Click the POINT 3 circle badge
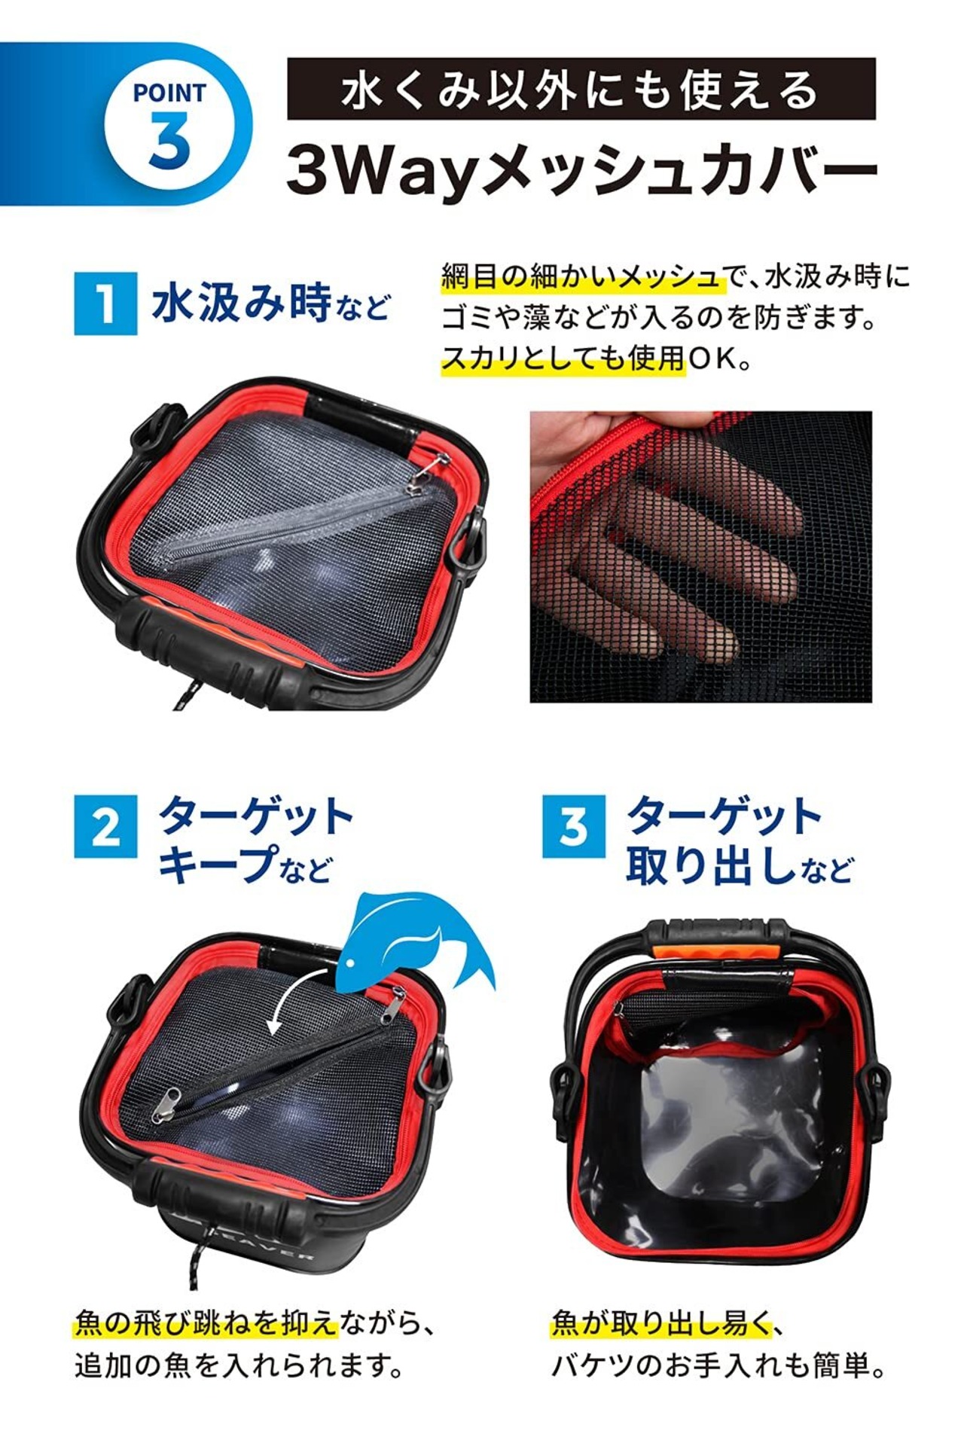point(169,124)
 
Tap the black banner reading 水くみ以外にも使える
point(581,89)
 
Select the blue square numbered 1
point(105,303)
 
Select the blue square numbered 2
point(105,826)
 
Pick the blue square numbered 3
point(574,826)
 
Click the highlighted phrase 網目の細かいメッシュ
point(582,276)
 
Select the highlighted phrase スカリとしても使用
point(563,358)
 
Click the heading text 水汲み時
point(241,303)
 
